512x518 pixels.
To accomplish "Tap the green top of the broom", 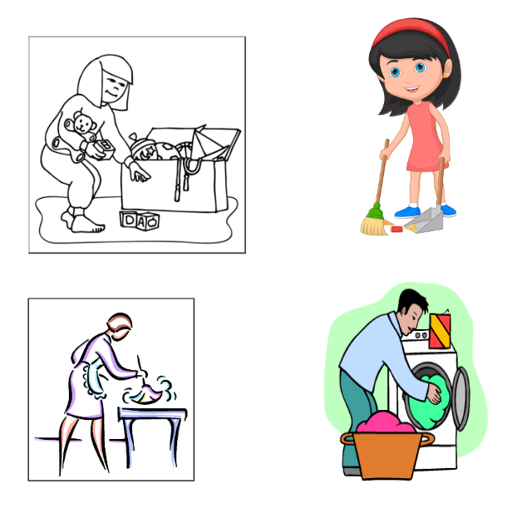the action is click(x=376, y=212).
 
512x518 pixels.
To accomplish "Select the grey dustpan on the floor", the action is click(x=426, y=220).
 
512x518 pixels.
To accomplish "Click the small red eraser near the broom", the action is click(x=396, y=229).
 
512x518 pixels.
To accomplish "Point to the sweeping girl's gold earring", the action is click(x=445, y=76).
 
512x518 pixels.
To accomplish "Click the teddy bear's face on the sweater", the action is click(x=81, y=124).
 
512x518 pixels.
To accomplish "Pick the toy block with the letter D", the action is click(x=128, y=220).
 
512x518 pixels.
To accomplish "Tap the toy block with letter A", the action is click(x=141, y=221).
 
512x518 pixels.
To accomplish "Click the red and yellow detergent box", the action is click(x=440, y=331).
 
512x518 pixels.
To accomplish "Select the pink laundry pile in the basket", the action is click(x=386, y=422).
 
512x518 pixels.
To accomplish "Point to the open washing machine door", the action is click(x=460, y=398).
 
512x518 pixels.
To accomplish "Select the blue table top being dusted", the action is click(x=153, y=412).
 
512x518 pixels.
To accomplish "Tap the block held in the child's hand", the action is click(x=103, y=148).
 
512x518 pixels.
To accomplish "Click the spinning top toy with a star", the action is click(x=143, y=148).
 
